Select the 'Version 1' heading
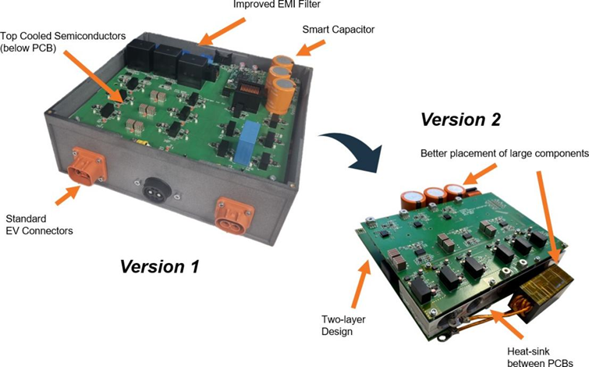[160, 266]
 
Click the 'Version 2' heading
[461, 120]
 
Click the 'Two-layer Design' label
[344, 324]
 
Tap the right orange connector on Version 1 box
[234, 212]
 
